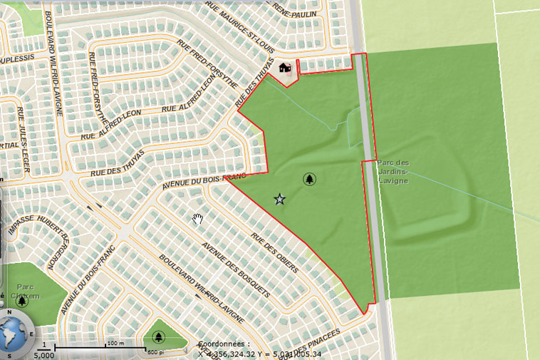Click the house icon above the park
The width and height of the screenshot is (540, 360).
(285, 68)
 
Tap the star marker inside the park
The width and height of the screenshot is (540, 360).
(280, 200)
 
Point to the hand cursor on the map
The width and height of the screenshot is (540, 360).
(199, 218)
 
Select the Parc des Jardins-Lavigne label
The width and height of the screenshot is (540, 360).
(393, 171)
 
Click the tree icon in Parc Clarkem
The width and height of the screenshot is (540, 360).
(22, 302)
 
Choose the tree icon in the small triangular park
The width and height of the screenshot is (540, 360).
(157, 336)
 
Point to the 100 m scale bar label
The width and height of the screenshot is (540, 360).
(115, 343)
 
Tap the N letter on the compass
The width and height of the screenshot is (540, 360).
(9, 312)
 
